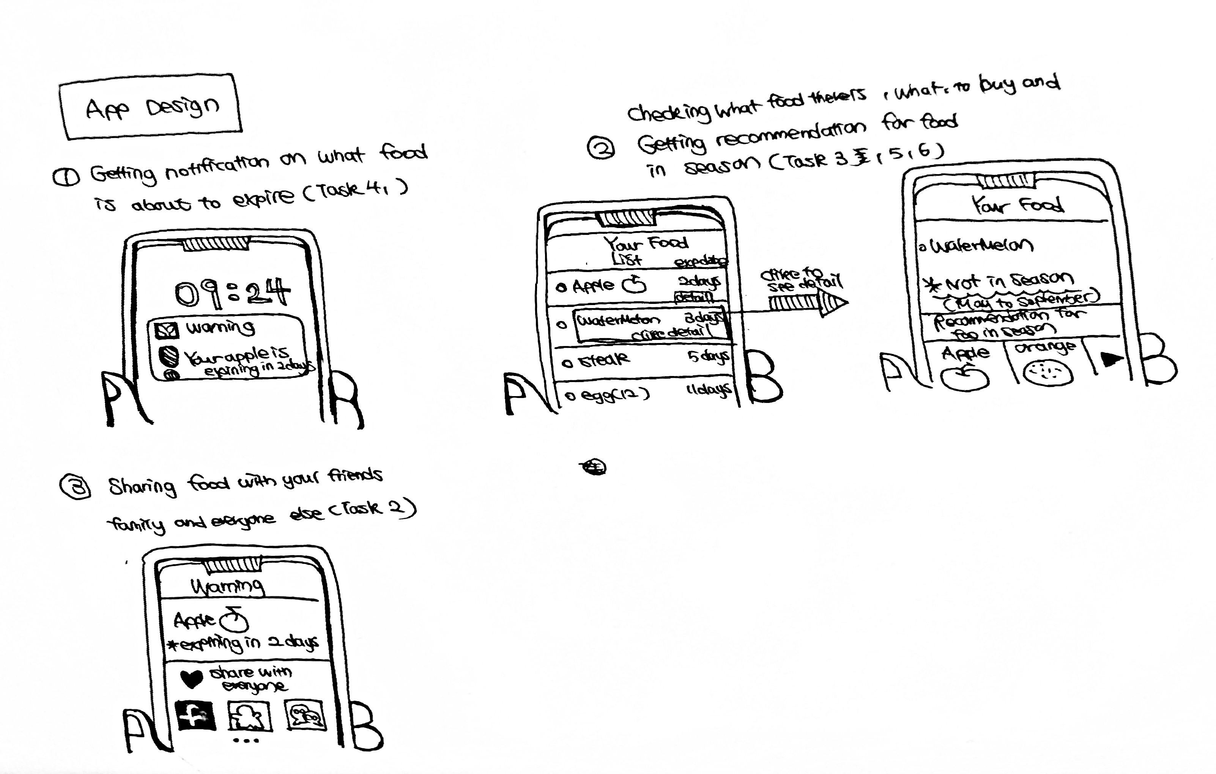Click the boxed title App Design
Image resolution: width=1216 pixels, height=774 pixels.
(151, 107)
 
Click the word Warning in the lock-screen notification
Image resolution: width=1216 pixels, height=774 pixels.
(220, 328)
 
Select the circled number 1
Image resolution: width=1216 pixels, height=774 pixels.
(66, 177)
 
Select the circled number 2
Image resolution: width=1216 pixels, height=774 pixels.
(601, 148)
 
